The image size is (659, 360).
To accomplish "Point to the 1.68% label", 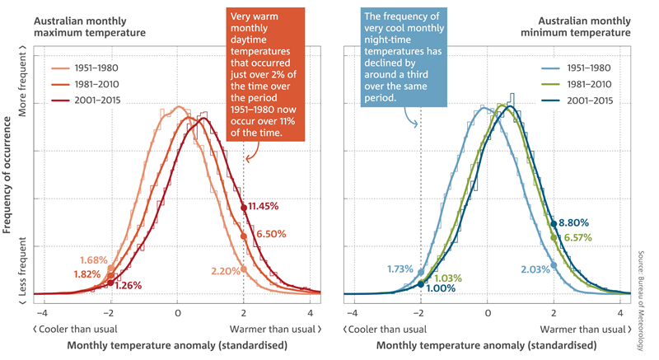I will tap(95, 261).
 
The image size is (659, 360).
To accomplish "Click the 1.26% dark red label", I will tap(129, 285).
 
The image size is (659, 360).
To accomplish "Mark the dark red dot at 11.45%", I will tap(244, 208).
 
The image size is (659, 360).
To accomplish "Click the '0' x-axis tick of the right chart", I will tap(487, 314).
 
